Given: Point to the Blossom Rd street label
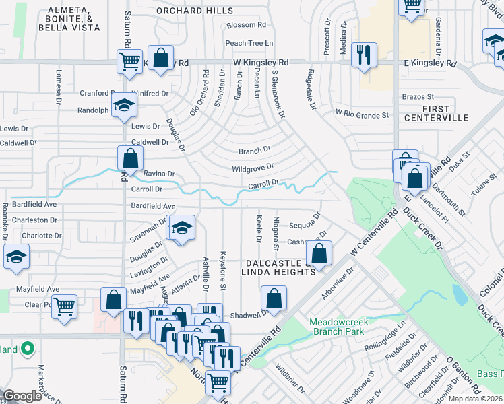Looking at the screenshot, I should tap(247, 25).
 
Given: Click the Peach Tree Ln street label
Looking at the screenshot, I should tap(249, 43).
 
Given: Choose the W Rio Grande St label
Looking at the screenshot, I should tap(363, 114).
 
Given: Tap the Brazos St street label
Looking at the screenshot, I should tap(418, 97).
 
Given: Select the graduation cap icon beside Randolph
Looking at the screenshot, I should tap(124, 105).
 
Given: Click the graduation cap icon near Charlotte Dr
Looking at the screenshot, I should tap(17, 257).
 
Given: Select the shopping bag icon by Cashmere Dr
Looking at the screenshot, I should tap(319, 254).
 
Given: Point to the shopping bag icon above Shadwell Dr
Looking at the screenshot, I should tap(274, 298).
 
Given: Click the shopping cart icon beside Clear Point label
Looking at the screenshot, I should tap(64, 306).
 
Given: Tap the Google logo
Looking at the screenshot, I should tap(22, 396).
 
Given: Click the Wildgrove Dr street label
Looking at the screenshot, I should tap(252, 167).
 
